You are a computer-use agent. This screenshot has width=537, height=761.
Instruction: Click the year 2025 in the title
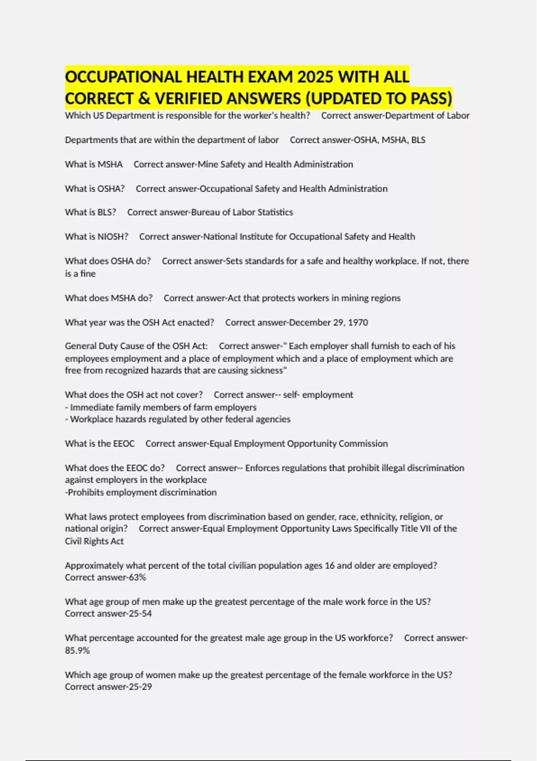pyautogui.click(x=315, y=77)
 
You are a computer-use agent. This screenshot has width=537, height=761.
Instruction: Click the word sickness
pyautogui.click(x=266, y=370)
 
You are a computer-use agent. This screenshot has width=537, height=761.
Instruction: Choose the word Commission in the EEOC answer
pyautogui.click(x=363, y=444)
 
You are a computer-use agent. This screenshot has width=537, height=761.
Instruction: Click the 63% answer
pyautogui.click(x=137, y=577)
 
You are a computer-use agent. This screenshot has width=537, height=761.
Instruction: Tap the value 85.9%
pyautogui.click(x=77, y=650)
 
